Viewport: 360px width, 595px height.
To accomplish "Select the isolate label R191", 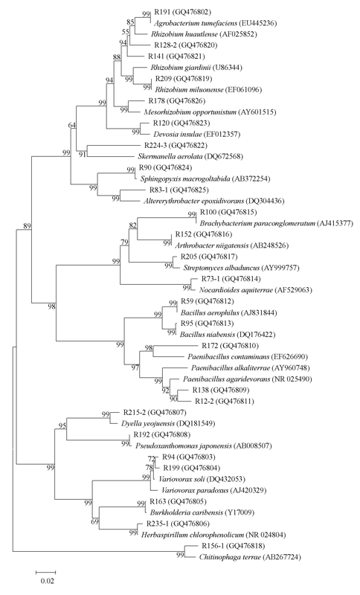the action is pyautogui.click(x=162, y=12).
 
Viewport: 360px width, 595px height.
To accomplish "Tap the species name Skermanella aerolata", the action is pyautogui.click(x=170, y=156).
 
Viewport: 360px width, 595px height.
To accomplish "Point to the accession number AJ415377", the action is pyautogui.click(x=335, y=223).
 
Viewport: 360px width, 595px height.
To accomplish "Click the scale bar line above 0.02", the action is pyautogui.click(x=46, y=571).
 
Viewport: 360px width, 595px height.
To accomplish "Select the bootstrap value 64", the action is pyautogui.click(x=72, y=125).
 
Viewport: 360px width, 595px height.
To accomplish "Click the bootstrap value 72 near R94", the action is pyautogui.click(x=152, y=459).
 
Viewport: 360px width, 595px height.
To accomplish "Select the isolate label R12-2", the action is pyautogui.click(x=204, y=401).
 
